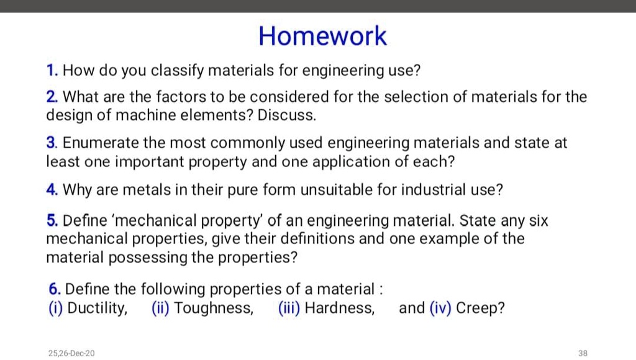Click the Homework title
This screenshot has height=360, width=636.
point(322,36)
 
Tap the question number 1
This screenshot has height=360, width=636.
point(52,71)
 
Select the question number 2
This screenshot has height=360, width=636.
point(52,97)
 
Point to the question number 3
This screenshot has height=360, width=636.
point(52,143)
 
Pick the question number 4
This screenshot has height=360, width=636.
point(52,190)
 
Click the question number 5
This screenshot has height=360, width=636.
point(52,221)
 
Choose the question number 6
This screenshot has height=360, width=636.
point(54,289)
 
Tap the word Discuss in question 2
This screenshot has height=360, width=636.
point(286,115)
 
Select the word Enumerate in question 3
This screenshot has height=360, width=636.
point(102,143)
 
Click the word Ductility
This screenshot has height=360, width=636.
point(96,308)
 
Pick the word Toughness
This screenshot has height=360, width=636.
point(214,308)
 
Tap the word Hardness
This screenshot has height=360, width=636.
point(339,308)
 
